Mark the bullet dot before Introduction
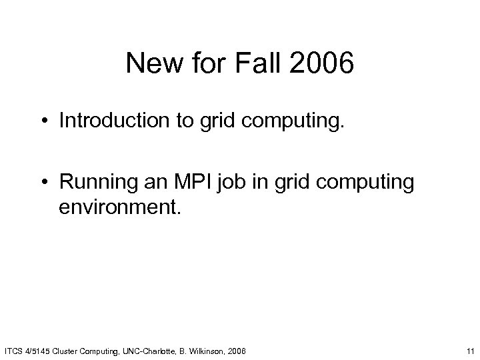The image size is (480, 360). [x=46, y=121]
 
